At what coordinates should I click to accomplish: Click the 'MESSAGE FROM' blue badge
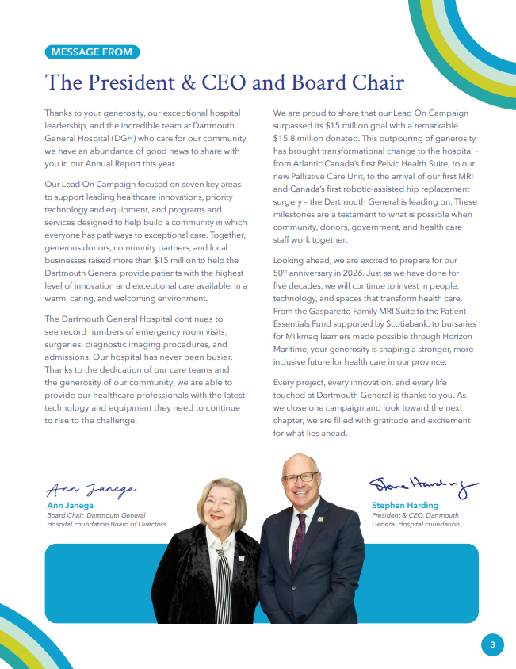tap(93, 52)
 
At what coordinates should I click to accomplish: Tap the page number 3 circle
tap(492, 645)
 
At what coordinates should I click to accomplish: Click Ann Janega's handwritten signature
tap(92, 488)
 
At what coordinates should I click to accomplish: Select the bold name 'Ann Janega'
tap(70, 505)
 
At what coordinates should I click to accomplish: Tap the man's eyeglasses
tap(300, 478)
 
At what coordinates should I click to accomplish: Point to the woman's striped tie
tap(224, 587)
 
